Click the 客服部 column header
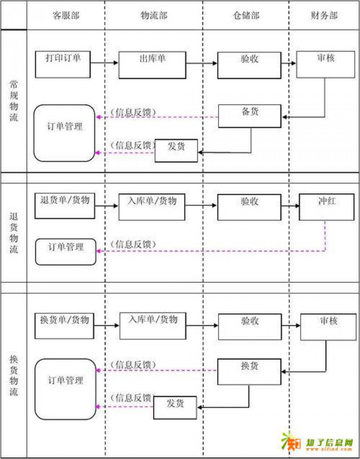coord(66,15)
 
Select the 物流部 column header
coord(154,15)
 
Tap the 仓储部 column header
coord(246,15)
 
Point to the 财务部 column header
coord(324,15)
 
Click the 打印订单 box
coord(63,64)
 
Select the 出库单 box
coord(152,65)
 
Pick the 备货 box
coord(250,116)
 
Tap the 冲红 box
coord(326,207)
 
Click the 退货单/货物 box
coord(65,206)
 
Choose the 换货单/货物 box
coord(64,326)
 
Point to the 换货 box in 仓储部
coord(249,372)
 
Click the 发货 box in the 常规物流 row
coord(176,151)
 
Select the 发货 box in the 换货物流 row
coord(175,408)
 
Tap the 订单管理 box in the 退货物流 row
coord(66,252)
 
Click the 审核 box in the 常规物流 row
coord(325,64)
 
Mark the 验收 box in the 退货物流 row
coord(249,207)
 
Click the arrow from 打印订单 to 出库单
coord(105,63)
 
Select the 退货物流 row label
coord(13,232)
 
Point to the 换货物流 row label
coord(13,375)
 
